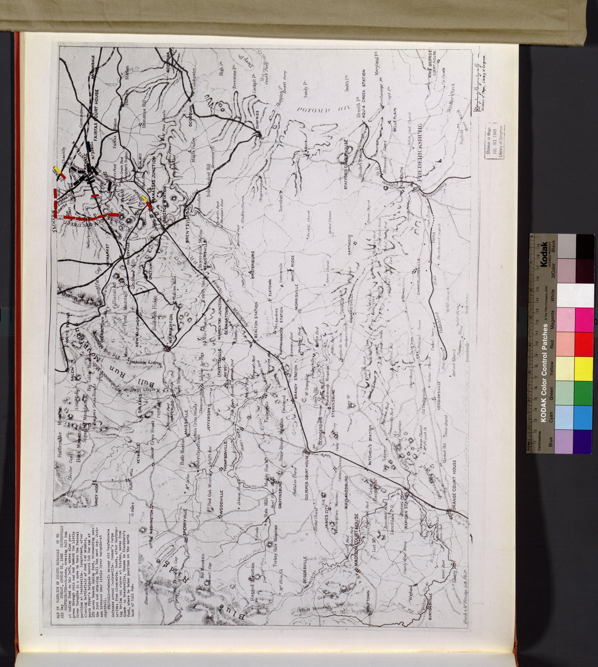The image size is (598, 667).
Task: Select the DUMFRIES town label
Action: coord(256,120)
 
